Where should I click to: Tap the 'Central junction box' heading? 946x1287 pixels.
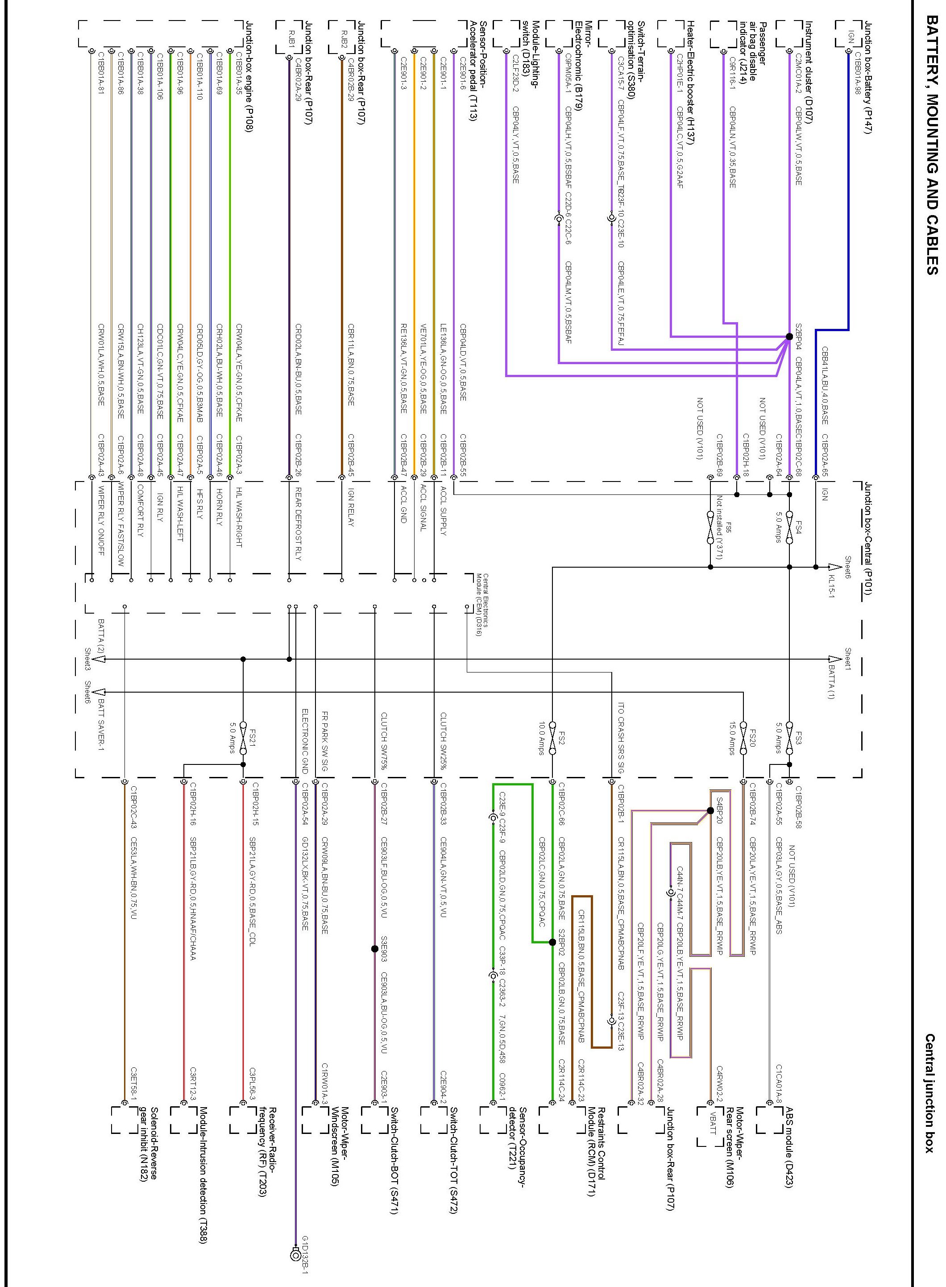coord(932,1093)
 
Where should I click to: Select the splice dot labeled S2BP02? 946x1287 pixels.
coord(552,942)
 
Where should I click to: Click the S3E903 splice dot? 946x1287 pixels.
coord(374,949)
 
